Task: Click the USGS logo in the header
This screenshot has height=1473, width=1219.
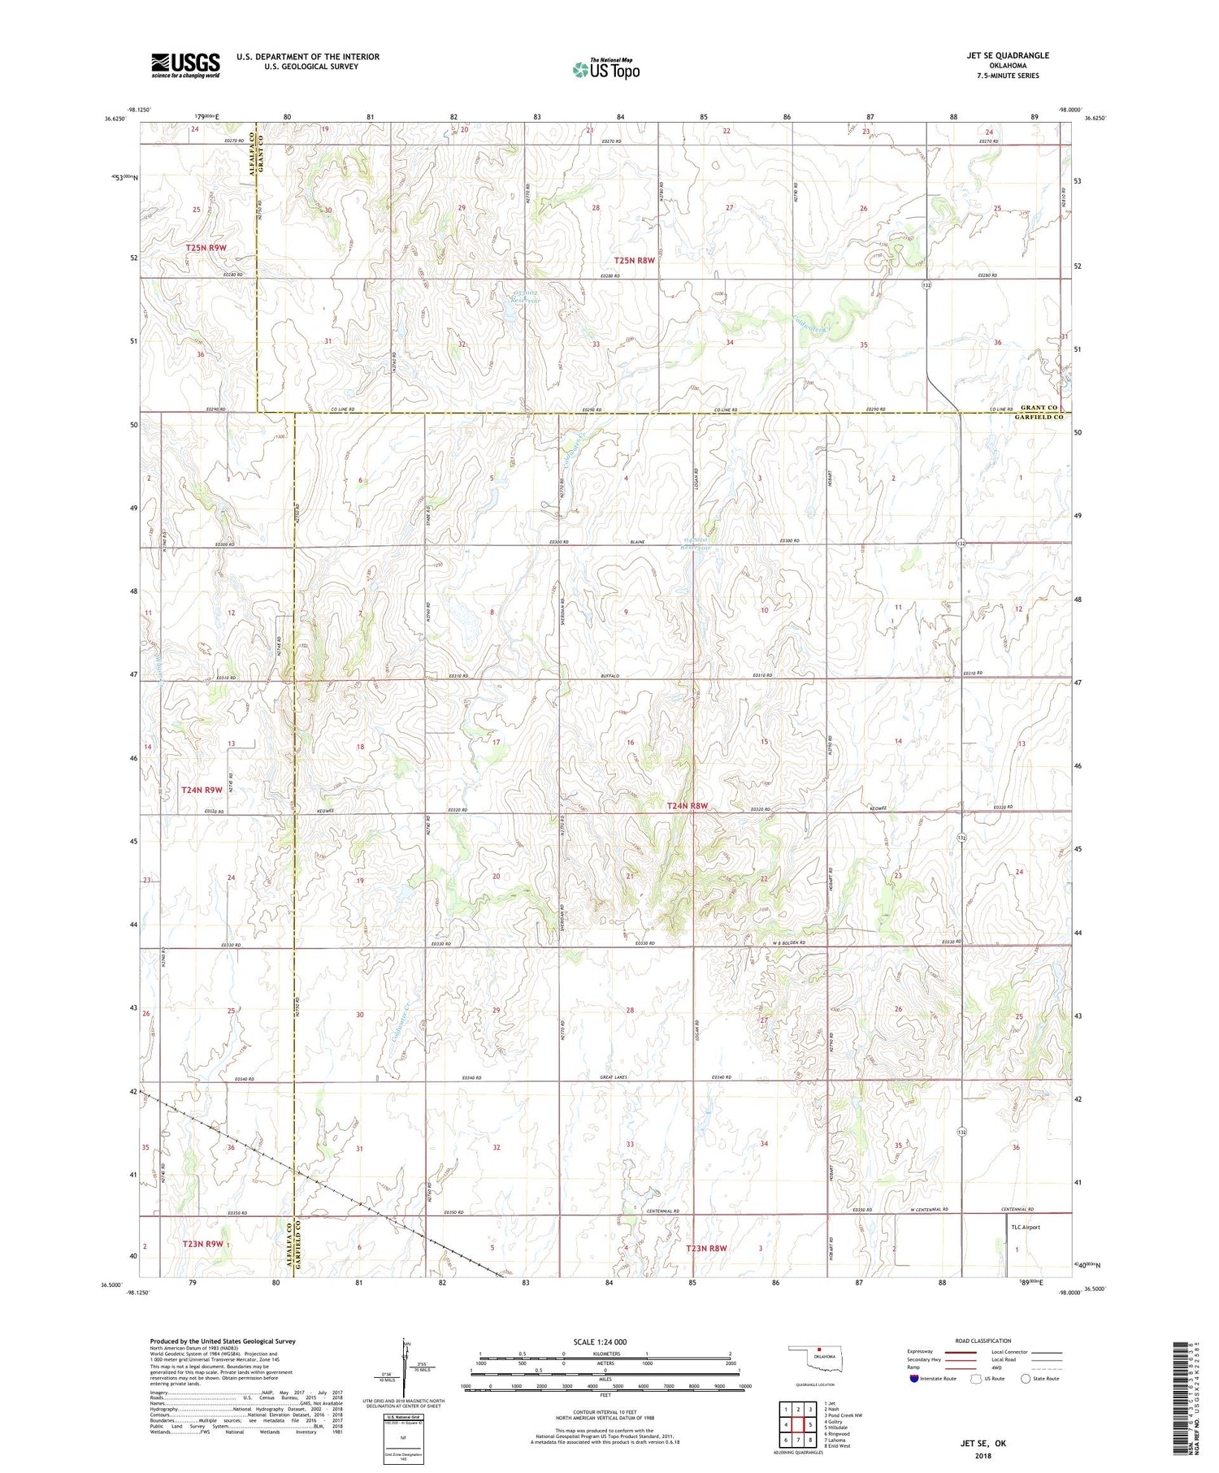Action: click(185, 65)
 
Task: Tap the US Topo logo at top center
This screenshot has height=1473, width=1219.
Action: click(605, 70)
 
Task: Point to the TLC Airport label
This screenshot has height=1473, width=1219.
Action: click(1025, 1227)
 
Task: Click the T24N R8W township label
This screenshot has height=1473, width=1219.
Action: click(687, 806)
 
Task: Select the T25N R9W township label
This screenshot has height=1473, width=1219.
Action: click(206, 247)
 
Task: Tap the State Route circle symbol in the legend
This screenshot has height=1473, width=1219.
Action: click(1026, 1379)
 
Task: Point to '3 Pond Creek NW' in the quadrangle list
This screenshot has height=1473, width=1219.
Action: click(844, 1415)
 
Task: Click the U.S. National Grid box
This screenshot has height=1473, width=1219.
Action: click(403, 1440)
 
